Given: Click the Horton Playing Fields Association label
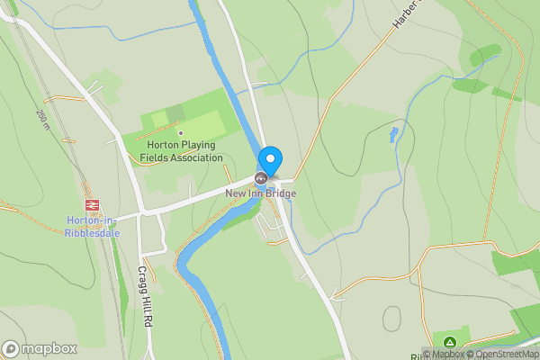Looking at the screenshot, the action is [x=181, y=151].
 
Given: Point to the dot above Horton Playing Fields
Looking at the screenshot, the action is [x=181, y=133].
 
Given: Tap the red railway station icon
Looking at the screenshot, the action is [x=91, y=205].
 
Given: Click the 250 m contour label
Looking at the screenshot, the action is [x=42, y=118].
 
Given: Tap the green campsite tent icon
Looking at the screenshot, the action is [x=449, y=342].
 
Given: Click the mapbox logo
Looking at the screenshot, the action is [x=39, y=348].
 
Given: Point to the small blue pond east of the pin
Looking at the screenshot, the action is [x=393, y=135].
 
